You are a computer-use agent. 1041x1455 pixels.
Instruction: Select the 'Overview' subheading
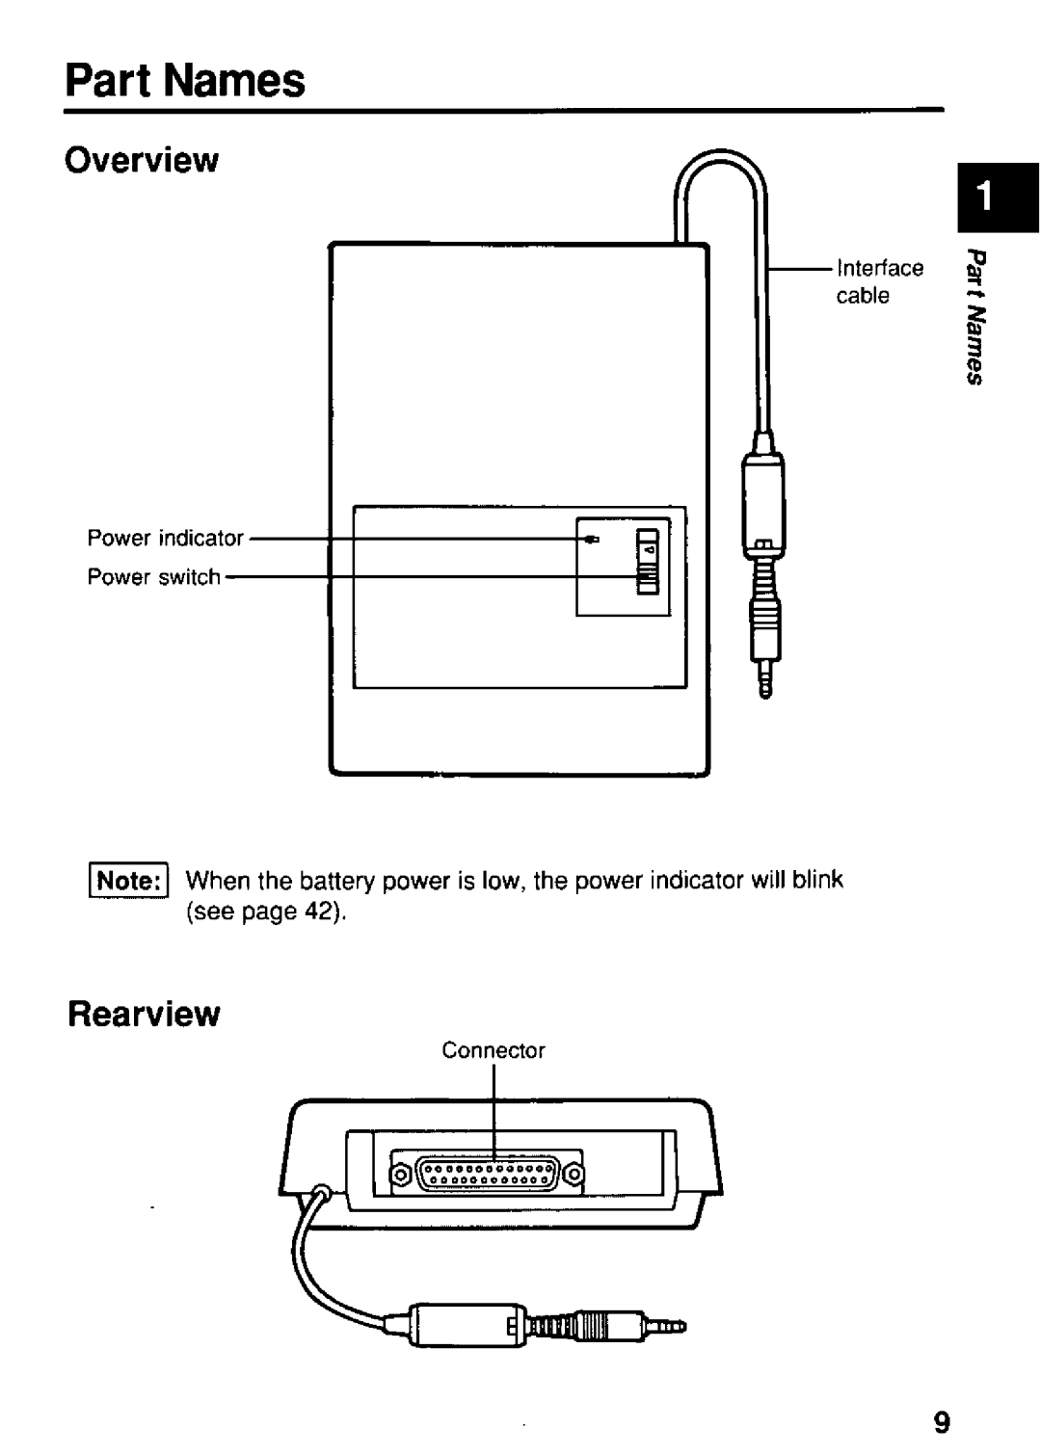coord(142,161)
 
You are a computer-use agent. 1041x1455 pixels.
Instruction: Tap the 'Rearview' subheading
coord(143,1014)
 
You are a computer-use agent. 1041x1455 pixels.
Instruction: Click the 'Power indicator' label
coord(166,538)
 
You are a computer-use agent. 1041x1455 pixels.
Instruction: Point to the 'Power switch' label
coord(154,577)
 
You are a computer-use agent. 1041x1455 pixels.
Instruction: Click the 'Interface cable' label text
coord(877,281)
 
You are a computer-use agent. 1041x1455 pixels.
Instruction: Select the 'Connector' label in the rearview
coord(494,1050)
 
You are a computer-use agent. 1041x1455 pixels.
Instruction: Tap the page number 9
coord(942,1423)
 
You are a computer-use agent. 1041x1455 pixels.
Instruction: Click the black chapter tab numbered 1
coord(999,198)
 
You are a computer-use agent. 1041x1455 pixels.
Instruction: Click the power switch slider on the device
coord(648,577)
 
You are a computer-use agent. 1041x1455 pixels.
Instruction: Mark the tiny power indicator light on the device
coord(595,540)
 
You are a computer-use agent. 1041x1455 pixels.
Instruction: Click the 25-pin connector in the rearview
coord(487,1174)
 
